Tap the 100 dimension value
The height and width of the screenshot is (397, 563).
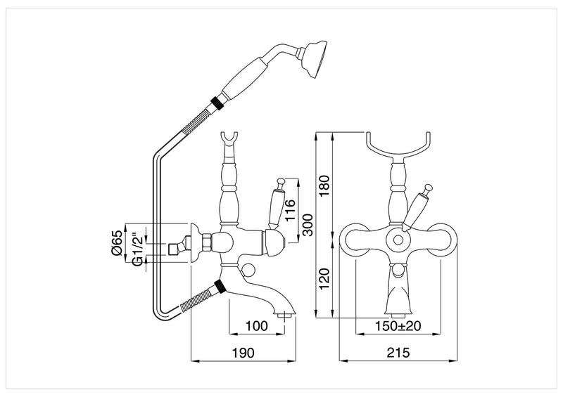tap(258, 327)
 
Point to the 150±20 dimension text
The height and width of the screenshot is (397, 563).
tap(399, 327)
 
